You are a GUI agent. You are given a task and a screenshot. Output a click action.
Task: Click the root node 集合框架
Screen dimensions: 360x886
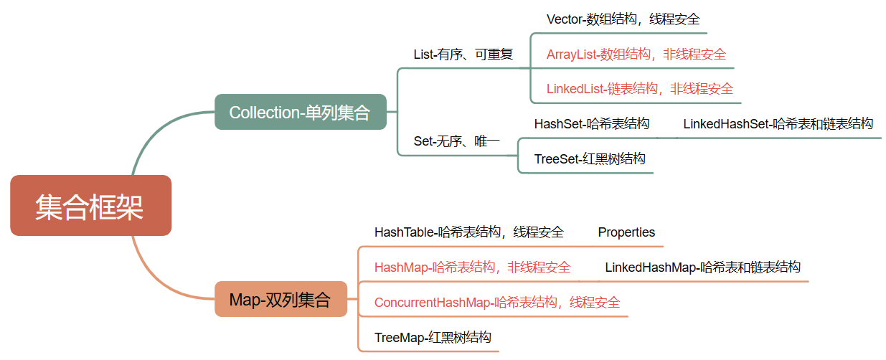90,206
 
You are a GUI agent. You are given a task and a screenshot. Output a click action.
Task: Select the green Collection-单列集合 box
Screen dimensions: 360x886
300,112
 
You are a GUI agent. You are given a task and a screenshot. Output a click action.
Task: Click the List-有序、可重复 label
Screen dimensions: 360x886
463,55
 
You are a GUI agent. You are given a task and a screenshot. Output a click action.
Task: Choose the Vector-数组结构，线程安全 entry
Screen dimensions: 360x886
623,19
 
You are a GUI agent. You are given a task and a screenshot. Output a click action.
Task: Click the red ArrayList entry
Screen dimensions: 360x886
636,54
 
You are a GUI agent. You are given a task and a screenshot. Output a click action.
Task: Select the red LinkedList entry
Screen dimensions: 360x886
639,89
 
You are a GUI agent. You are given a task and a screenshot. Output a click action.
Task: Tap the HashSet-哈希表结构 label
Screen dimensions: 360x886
591,124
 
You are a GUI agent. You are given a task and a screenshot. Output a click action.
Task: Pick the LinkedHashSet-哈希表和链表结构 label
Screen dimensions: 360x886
778,124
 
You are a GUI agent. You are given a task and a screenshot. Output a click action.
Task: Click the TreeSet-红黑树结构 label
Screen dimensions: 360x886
589,159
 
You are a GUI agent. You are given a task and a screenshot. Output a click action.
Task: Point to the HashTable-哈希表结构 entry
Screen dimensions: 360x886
468,232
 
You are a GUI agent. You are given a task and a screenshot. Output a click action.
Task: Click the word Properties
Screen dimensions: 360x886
626,232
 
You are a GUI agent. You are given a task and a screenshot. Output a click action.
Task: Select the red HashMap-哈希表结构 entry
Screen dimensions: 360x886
472,267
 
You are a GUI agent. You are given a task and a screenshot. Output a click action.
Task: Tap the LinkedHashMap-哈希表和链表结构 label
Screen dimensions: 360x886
702,267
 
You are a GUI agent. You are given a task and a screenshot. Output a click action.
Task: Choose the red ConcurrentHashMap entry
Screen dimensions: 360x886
496,303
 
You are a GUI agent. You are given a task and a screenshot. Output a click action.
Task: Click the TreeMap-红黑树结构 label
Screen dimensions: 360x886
433,338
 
